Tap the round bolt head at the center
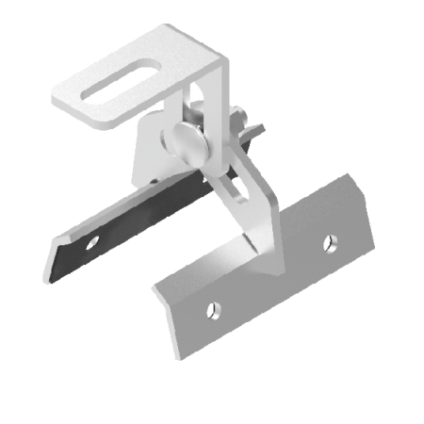[x=181, y=142]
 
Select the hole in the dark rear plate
[x=91, y=242]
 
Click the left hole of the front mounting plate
[x=214, y=307]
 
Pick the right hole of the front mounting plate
[x=329, y=244]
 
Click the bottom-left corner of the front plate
[x=179, y=355]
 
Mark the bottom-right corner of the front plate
[x=372, y=253]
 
